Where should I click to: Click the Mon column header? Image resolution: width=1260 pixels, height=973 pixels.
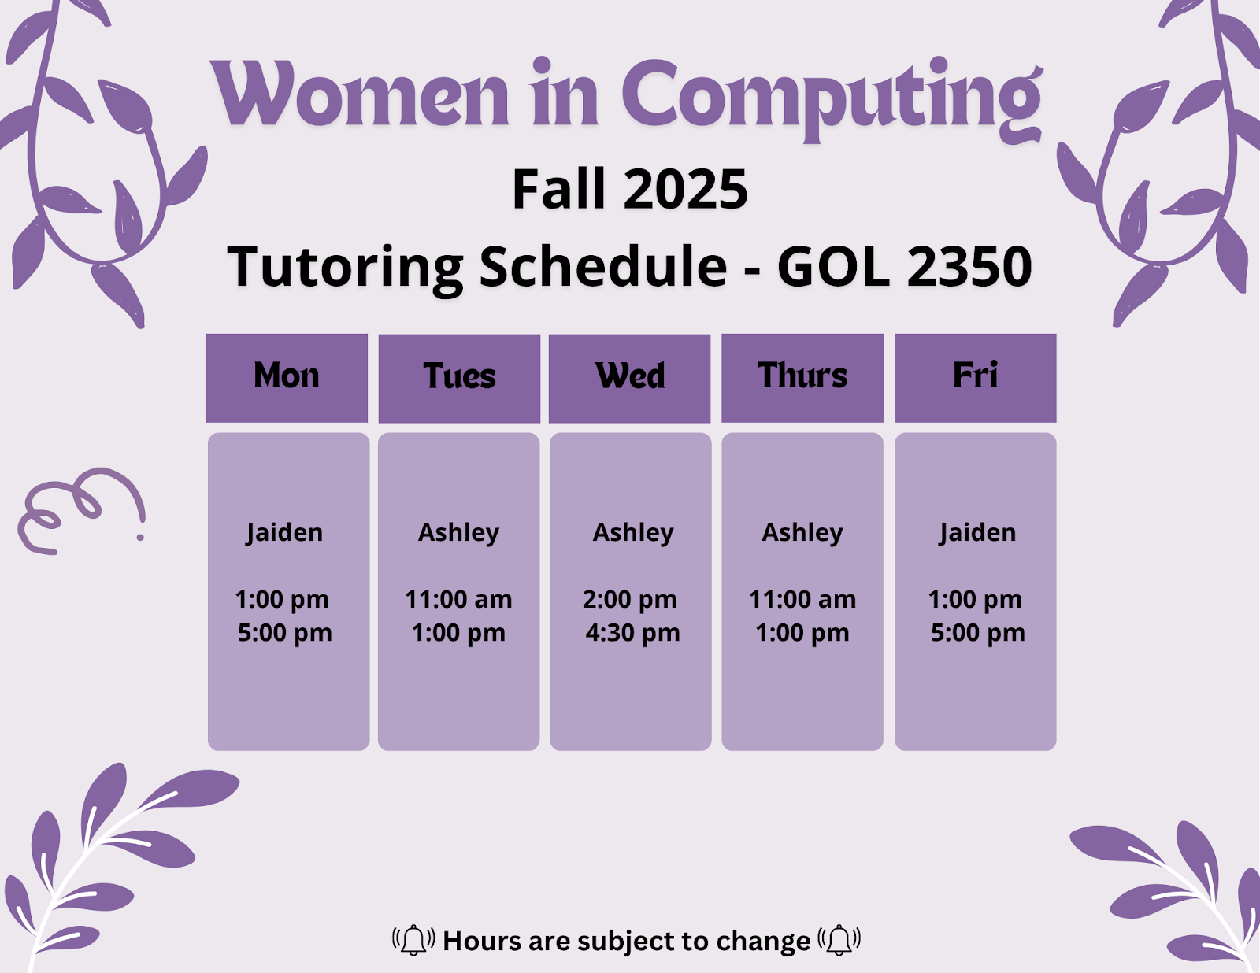click(x=287, y=376)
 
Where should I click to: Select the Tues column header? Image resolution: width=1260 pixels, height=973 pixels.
click(x=459, y=376)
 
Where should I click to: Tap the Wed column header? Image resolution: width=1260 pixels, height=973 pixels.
click(x=630, y=376)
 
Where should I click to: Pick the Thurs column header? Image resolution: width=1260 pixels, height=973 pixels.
click(x=802, y=376)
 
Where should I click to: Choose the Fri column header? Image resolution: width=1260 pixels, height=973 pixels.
click(x=975, y=376)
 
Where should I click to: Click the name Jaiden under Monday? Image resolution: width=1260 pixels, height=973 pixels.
click(x=284, y=533)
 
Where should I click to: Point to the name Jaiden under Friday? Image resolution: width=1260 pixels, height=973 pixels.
click(x=977, y=533)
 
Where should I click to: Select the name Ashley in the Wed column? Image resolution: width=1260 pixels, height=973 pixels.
click(x=633, y=533)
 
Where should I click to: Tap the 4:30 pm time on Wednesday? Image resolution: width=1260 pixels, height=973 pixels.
click(x=632, y=633)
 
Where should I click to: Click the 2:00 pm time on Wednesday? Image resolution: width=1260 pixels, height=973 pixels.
click(x=629, y=600)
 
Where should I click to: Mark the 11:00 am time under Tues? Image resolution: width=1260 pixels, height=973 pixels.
click(x=458, y=600)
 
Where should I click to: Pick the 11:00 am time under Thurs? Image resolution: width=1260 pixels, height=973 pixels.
click(x=802, y=600)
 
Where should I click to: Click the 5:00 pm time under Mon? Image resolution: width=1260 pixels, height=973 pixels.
click(x=285, y=633)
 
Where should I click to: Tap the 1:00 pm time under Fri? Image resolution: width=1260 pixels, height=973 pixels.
click(x=975, y=600)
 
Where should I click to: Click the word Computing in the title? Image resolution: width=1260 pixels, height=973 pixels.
click(x=832, y=98)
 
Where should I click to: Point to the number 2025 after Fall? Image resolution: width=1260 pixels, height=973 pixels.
click(x=686, y=190)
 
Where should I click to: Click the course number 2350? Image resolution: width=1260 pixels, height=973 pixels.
click(x=969, y=266)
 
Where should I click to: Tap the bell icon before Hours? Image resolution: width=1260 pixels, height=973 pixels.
click(x=413, y=940)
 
